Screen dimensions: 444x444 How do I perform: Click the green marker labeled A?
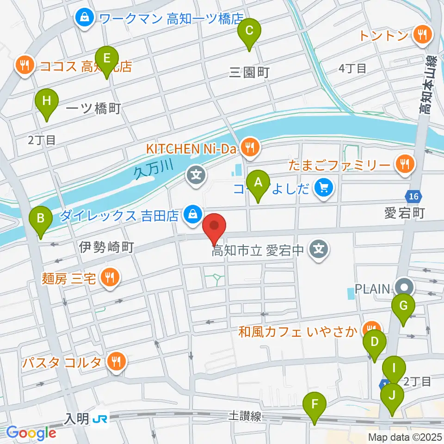(x=258, y=182)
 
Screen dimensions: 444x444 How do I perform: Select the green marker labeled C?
(x=249, y=31)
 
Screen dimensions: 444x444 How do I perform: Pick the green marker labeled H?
(x=47, y=100)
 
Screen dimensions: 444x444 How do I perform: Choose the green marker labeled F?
(x=314, y=404)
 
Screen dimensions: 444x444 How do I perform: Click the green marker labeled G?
(x=403, y=306)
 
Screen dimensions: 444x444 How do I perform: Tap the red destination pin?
(x=215, y=226)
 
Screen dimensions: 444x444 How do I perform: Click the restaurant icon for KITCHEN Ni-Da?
(x=250, y=148)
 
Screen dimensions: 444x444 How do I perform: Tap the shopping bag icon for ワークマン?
(x=85, y=18)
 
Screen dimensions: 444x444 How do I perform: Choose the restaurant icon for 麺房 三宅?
(x=110, y=277)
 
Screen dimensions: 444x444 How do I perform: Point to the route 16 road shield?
(x=413, y=197)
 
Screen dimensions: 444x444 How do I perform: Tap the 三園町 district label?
(x=249, y=72)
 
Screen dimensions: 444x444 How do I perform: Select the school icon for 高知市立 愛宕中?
(x=319, y=250)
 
